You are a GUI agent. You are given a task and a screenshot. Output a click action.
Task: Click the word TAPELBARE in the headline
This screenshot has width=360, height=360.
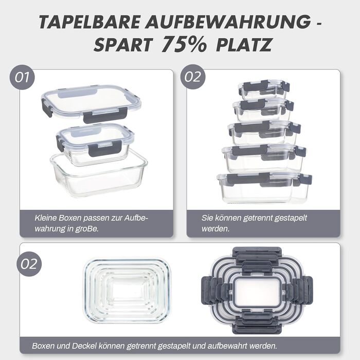(x=89, y=22)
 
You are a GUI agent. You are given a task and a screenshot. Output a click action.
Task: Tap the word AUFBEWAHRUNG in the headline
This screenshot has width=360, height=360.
(x=228, y=22)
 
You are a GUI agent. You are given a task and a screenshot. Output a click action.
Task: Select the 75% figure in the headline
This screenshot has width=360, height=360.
(x=184, y=44)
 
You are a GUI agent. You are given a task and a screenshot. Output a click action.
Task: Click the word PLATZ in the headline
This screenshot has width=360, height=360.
(x=244, y=45)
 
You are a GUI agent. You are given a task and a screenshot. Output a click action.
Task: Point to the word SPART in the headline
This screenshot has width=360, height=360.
(x=123, y=45)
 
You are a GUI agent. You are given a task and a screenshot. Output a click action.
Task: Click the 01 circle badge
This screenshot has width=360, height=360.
(x=22, y=77)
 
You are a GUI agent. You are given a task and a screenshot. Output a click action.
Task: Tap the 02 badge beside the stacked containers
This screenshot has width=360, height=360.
(x=193, y=77)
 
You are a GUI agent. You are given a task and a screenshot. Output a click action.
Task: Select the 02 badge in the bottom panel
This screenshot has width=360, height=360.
(x=29, y=264)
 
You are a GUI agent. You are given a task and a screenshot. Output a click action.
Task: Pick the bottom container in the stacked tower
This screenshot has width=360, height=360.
(x=264, y=187)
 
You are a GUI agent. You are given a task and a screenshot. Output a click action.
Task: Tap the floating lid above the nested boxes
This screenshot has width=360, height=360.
(x=92, y=103)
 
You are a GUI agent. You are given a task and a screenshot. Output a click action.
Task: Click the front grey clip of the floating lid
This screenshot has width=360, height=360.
(x=105, y=114)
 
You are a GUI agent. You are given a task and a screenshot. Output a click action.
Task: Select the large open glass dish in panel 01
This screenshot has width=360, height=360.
(x=99, y=174)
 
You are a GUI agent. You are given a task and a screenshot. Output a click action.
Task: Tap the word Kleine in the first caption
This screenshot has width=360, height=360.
(x=45, y=218)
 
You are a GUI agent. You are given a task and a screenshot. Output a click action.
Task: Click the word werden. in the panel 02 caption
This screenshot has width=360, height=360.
(x=215, y=229)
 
